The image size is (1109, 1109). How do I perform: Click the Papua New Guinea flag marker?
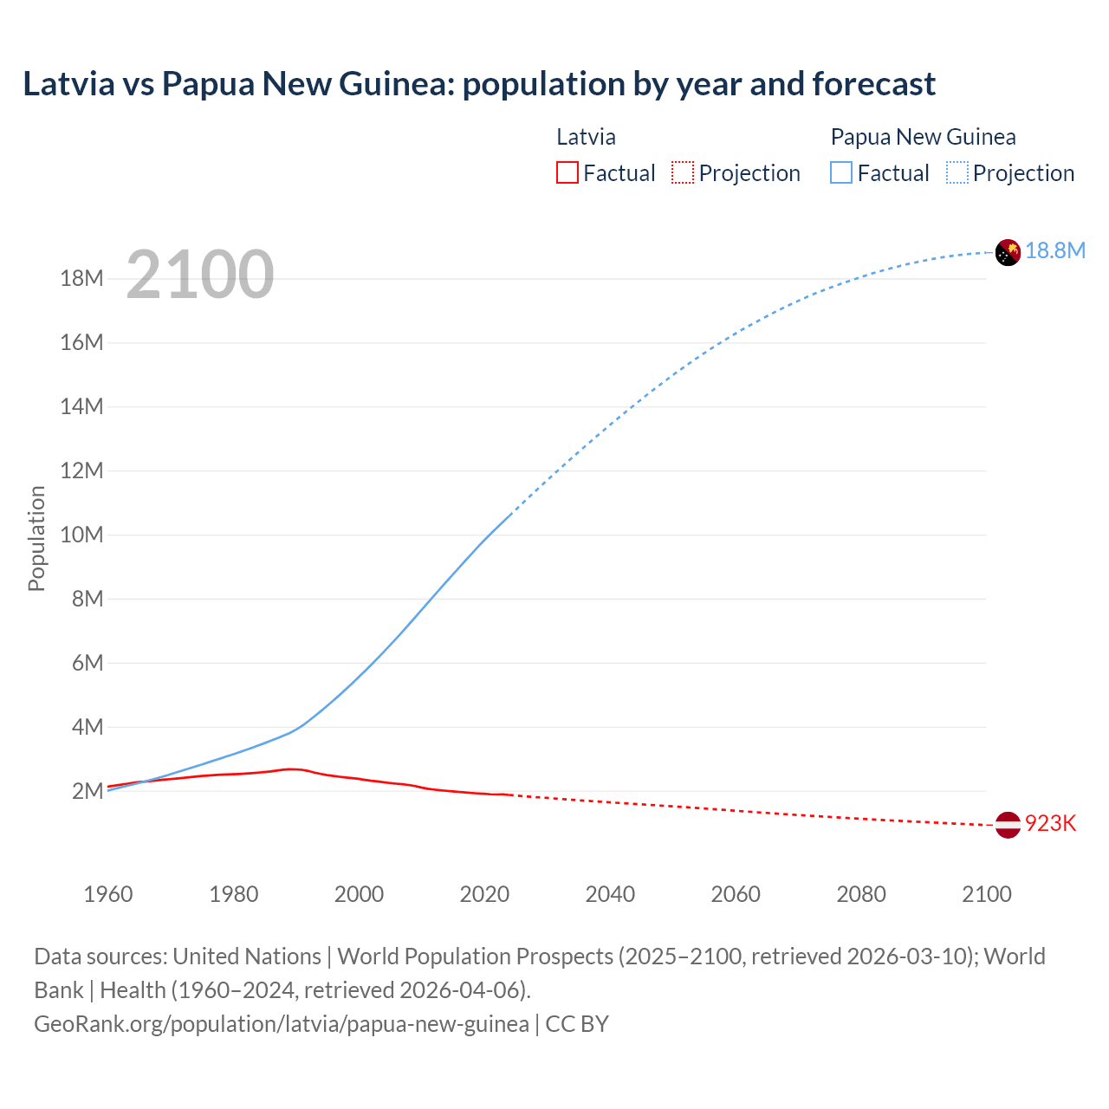tap(1008, 252)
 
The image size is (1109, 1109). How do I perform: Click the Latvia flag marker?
tap(1008, 825)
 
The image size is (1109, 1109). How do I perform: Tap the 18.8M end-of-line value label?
tap(1055, 251)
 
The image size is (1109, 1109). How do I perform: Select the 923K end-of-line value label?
tap(1050, 824)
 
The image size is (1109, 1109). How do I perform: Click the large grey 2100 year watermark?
tap(200, 276)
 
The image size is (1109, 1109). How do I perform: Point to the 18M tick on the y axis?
tap(81, 279)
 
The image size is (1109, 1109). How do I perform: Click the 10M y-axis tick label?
tap(81, 535)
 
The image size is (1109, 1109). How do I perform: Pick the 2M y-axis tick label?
tap(88, 791)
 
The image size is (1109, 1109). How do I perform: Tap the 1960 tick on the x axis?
tap(108, 894)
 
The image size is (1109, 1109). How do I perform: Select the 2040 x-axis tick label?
tap(610, 894)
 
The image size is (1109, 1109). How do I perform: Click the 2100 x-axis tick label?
tap(986, 894)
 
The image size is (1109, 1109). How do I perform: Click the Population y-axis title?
tap(36, 538)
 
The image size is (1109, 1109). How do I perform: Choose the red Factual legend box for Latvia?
tap(567, 173)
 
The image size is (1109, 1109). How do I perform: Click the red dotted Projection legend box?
tap(683, 173)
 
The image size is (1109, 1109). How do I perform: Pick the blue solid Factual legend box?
tap(841, 173)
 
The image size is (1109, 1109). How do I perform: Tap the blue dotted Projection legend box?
tap(957, 173)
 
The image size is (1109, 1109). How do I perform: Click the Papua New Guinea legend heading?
tap(923, 137)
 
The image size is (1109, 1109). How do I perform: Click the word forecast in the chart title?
tap(873, 84)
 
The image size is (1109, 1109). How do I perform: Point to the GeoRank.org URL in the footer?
tap(282, 1024)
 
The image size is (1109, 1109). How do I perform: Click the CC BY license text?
tap(577, 1024)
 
